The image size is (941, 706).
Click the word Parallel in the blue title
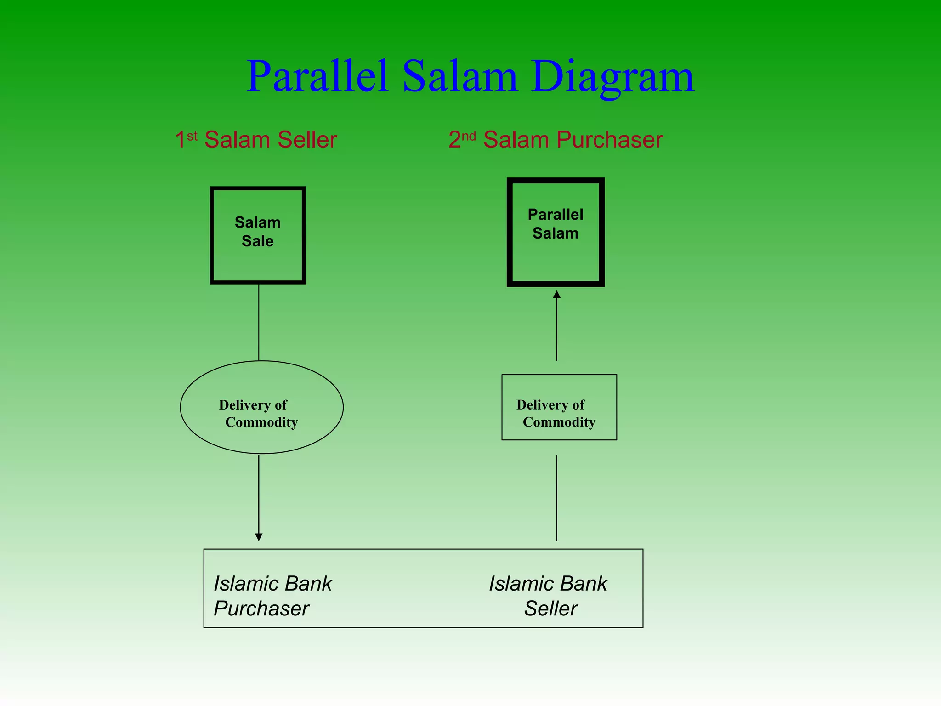pos(317,76)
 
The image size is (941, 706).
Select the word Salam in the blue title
pos(460,76)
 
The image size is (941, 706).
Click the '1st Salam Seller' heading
pos(256,139)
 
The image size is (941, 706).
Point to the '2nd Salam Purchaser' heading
pos(556,139)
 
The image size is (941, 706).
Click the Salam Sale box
pos(258,235)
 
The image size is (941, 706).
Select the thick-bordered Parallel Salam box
pos(556,232)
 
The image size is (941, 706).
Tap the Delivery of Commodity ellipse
pos(261,407)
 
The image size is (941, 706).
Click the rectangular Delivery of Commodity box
pos(559,407)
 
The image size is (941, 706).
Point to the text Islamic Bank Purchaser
pos(272,596)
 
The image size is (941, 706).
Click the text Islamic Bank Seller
pos(548,596)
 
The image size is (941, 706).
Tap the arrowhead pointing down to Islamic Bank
pos(259,537)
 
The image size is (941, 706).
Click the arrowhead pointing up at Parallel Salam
pos(556,295)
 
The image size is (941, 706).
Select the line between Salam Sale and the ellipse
pos(259,322)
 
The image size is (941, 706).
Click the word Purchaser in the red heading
pos(609,140)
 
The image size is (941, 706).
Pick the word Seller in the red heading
pos(307,140)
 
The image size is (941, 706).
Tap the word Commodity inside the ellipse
pos(261,422)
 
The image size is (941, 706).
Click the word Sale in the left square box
pos(258,241)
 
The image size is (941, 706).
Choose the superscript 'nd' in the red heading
pos(469,136)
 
